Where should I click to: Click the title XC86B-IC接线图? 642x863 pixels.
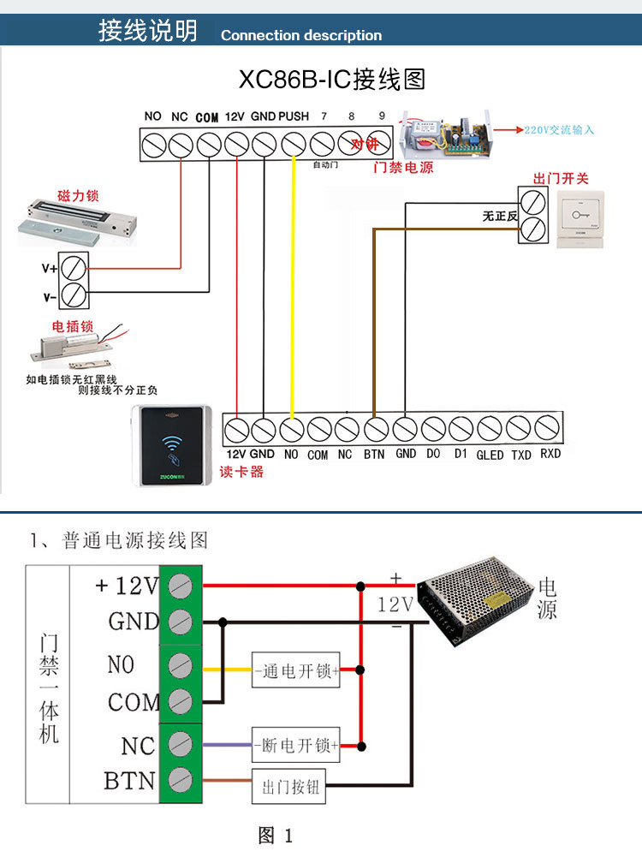click(x=331, y=80)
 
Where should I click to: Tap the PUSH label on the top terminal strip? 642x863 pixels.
click(x=294, y=116)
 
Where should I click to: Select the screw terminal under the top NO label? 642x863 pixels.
click(x=154, y=146)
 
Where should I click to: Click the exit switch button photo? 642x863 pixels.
click(x=580, y=219)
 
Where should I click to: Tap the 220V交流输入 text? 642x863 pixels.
click(x=559, y=130)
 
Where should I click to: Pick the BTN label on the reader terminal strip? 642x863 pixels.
click(x=374, y=455)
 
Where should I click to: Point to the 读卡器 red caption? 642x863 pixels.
click(x=241, y=472)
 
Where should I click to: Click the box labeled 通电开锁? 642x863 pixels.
click(x=296, y=670)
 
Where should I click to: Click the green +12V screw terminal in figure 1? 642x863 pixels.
click(x=180, y=586)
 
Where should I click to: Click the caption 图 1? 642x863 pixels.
click(x=276, y=836)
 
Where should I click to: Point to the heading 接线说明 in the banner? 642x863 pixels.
click(x=147, y=32)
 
